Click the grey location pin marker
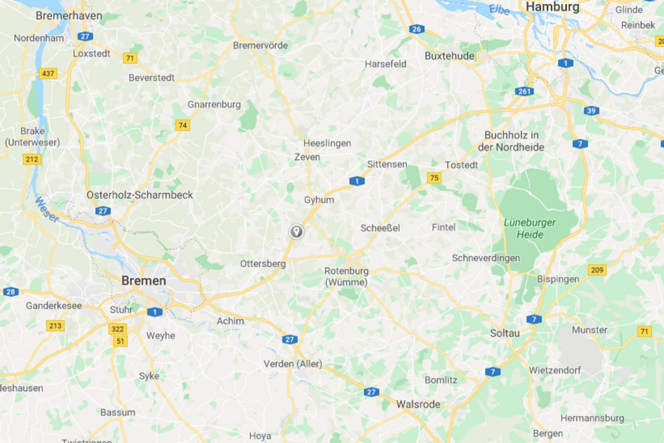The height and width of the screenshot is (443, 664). (296, 231)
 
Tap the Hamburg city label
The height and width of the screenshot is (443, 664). (553, 7)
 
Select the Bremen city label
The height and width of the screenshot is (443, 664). (144, 280)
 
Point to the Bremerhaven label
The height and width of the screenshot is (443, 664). (69, 16)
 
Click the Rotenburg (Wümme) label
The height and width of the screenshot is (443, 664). (346, 276)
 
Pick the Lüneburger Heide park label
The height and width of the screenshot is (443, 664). (530, 228)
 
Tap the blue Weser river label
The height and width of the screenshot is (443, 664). (46, 209)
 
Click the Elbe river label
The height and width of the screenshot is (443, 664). (499, 9)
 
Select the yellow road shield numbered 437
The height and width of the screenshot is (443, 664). (48, 73)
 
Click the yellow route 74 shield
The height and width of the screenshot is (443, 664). (182, 125)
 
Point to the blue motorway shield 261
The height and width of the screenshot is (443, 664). (524, 91)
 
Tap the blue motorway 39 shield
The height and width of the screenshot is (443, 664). (591, 111)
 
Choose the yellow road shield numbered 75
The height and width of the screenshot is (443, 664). (434, 178)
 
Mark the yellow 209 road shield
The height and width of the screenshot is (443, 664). (597, 270)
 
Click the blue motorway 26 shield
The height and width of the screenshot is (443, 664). (416, 29)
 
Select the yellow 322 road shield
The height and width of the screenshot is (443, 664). (118, 329)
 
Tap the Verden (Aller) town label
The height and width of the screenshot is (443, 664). (293, 364)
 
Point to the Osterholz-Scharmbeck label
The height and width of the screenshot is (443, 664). (140, 195)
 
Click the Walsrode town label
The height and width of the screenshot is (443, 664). (418, 404)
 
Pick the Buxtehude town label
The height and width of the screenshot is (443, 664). (449, 56)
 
